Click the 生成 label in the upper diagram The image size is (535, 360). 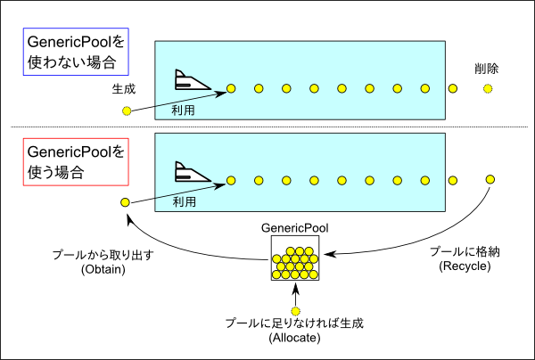pyautogui.click(x=124, y=89)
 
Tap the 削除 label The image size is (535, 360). pyautogui.click(x=487, y=69)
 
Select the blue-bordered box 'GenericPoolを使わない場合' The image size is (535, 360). pyautogui.click(x=76, y=52)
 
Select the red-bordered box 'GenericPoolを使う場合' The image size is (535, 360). pyautogui.click(x=76, y=162)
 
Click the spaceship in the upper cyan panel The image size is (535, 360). pyautogui.click(x=192, y=80)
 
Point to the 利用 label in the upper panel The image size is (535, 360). pyautogui.click(x=183, y=110)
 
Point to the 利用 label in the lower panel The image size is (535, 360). pyautogui.click(x=185, y=202)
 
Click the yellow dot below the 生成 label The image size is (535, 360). pyautogui.click(x=127, y=110)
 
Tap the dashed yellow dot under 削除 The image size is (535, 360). pyautogui.click(x=488, y=89)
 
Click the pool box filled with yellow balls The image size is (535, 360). pyautogui.click(x=295, y=258)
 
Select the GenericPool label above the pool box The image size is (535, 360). pyautogui.click(x=295, y=228)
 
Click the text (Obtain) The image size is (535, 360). pyautogui.click(x=103, y=269)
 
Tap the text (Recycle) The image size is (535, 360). pyautogui.click(x=465, y=266)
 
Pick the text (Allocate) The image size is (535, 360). pyautogui.click(x=295, y=338)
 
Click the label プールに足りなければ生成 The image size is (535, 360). pyautogui.click(x=294, y=323)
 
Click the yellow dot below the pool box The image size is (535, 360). pyautogui.click(x=295, y=311)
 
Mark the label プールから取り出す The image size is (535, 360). pyautogui.click(x=103, y=255)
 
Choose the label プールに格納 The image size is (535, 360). pyautogui.click(x=465, y=251)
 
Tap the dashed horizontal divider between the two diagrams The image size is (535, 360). pyautogui.click(x=269, y=127)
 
